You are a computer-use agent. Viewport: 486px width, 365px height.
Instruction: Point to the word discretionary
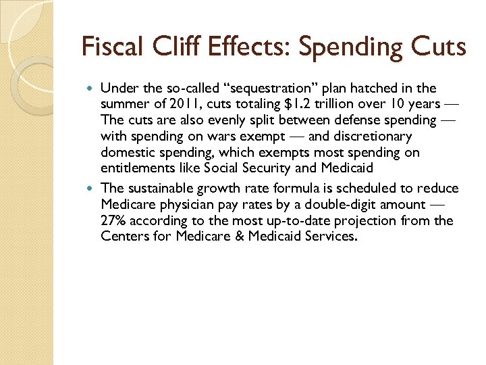[x=370, y=136]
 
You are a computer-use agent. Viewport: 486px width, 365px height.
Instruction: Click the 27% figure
[x=113, y=220]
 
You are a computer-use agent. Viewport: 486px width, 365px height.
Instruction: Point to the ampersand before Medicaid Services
[x=251, y=236]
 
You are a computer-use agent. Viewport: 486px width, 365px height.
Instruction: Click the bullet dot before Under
[x=91, y=89]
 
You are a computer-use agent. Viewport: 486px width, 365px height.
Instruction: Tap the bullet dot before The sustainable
[x=91, y=188]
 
